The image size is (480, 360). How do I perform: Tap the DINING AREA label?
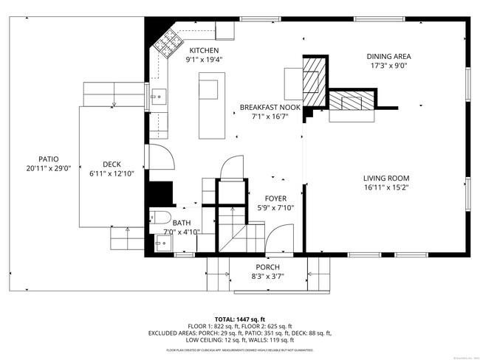coord(389,56)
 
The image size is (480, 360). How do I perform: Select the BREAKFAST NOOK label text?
coord(270,108)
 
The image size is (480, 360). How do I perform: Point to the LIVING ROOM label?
coord(385,178)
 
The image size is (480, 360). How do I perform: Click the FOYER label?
coord(275,198)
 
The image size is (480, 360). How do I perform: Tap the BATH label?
coord(182,223)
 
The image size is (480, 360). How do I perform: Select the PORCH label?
coord(268,267)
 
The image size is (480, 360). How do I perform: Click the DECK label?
coord(112,165)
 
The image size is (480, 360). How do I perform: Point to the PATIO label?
coord(48,159)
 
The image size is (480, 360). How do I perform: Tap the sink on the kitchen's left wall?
coord(157,95)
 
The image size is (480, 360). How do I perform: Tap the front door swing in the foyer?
coord(281,240)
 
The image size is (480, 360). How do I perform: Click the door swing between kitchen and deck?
coord(161,156)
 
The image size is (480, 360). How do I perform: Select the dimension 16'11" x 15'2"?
coord(385,187)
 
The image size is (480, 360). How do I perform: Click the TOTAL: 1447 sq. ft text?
coord(240,319)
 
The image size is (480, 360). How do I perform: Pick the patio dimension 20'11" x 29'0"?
coord(48,169)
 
